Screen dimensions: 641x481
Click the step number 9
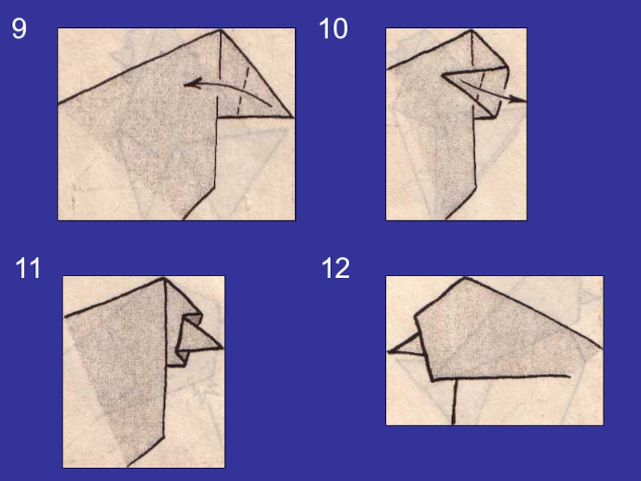coord(18,28)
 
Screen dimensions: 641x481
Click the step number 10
coord(333,28)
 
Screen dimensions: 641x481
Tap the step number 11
coord(28,269)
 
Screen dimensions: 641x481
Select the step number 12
coord(336,269)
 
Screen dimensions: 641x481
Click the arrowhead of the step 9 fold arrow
coord(192,84)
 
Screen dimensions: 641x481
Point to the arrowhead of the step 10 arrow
coord(518,99)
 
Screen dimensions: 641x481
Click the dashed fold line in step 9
coord(243,91)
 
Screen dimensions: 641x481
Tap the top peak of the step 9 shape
coord(220,30)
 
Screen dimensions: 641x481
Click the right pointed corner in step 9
coord(292,117)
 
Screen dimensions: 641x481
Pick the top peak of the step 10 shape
coord(471,30)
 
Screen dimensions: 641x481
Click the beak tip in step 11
coord(223,348)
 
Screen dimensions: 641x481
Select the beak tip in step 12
coord(389,351)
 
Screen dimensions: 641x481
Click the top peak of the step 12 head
coord(465,278)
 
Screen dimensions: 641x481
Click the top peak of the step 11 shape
coord(164,278)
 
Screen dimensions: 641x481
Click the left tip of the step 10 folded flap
coord(443,75)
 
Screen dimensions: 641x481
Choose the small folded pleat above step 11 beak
coord(192,319)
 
